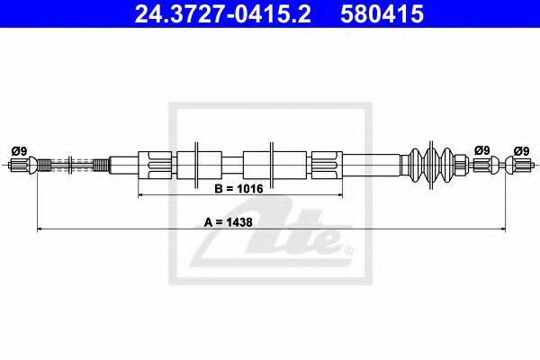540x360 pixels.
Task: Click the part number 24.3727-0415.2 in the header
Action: click(223, 14)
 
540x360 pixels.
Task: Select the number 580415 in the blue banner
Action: click(382, 14)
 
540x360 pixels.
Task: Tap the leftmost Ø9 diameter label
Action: click(19, 151)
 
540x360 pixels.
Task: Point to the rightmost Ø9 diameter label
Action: click(521, 151)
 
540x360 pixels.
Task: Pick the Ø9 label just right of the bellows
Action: click(481, 150)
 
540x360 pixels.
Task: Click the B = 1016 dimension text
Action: click(238, 189)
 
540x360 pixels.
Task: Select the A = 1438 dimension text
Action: click(228, 222)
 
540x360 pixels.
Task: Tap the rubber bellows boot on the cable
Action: click(431, 165)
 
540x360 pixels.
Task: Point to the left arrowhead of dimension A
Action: click(40, 229)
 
